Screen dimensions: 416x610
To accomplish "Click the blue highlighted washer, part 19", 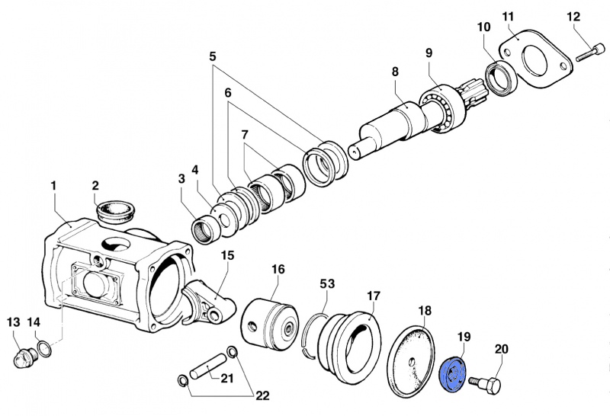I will point(454,373).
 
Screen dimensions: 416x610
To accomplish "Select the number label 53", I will point(327,283).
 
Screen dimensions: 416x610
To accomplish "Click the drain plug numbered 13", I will point(26,357).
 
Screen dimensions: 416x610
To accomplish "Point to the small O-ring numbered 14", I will point(45,349).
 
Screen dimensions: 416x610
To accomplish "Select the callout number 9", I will point(429,53).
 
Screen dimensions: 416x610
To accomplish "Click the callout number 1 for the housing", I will point(54,185).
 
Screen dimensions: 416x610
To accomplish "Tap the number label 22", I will point(262,395).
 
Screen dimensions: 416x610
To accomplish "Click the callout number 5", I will point(213,56).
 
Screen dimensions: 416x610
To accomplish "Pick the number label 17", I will point(373,295).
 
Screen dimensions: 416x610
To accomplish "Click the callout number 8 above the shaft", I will point(395,72).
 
